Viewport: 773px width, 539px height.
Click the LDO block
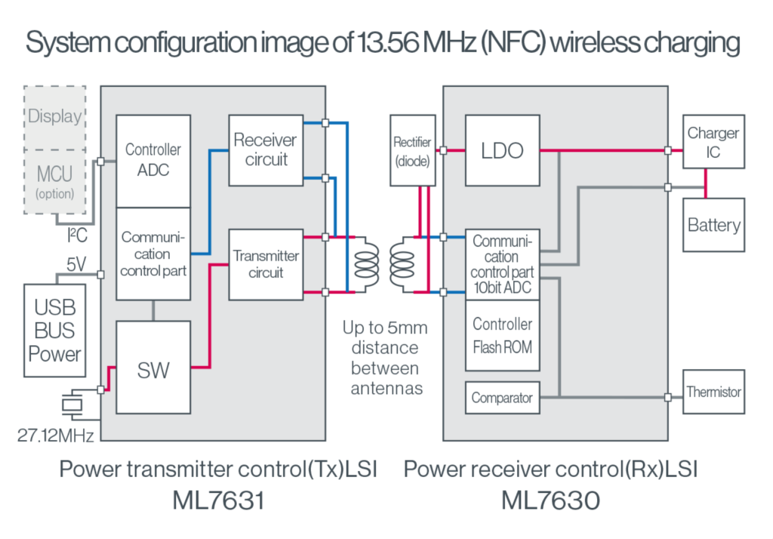click(x=502, y=150)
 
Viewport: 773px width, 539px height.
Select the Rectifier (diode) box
click(x=412, y=150)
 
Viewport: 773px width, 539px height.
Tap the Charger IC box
click(x=713, y=142)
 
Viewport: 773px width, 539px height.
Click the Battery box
click(x=713, y=225)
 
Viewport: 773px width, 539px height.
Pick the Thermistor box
click(x=713, y=392)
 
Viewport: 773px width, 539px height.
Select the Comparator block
click(x=502, y=398)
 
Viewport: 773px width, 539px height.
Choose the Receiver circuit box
click(x=265, y=149)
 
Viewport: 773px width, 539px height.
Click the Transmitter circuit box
click(x=265, y=264)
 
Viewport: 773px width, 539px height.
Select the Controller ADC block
click(x=153, y=160)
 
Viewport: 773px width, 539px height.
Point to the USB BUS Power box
click(x=55, y=331)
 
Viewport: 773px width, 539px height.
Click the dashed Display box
click(x=55, y=116)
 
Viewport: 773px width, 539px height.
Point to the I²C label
click(x=77, y=236)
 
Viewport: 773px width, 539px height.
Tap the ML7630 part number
click(x=550, y=500)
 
